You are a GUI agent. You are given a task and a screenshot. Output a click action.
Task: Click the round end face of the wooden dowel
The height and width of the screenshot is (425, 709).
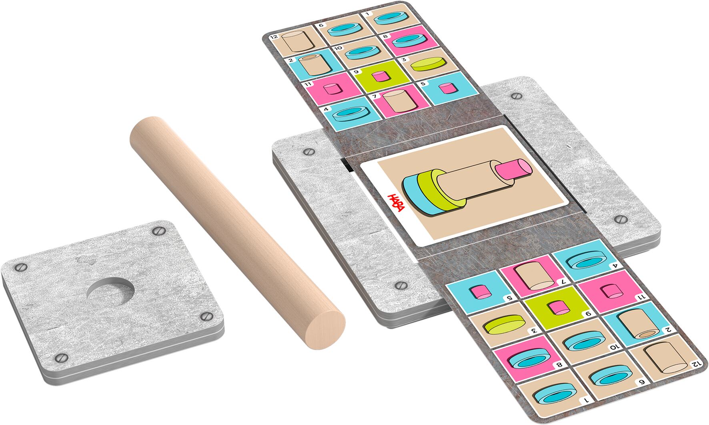[324, 329]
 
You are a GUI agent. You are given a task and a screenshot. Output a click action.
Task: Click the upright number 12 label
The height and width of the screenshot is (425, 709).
[274, 37]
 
